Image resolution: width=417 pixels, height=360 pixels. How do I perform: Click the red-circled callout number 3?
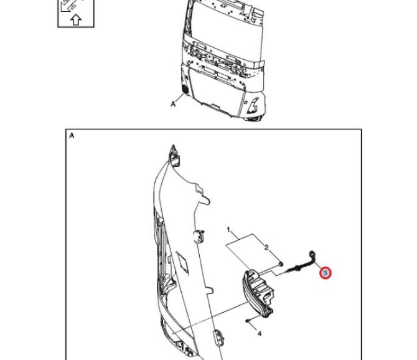point(326,273)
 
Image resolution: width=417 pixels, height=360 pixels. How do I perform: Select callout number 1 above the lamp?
point(228,229)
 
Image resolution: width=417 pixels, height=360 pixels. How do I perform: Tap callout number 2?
point(266,247)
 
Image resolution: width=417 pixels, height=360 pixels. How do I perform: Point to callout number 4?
point(260,333)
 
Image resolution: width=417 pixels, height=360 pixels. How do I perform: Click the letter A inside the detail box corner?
point(72,136)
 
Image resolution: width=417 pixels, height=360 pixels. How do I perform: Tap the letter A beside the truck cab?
point(173,104)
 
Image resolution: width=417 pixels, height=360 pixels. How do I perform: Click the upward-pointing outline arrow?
point(76,20)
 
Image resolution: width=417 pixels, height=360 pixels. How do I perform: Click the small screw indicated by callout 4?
point(248,321)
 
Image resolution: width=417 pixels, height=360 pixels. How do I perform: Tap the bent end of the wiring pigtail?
point(312,255)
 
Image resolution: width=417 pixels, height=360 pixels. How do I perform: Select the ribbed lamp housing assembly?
point(258,293)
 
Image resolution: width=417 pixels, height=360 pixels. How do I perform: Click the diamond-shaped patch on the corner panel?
point(183,263)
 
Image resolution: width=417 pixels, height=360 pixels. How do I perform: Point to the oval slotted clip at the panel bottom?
point(218,336)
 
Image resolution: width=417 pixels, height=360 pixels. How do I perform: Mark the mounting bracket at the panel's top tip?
point(174,157)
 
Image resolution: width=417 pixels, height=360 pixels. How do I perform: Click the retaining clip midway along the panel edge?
point(199,236)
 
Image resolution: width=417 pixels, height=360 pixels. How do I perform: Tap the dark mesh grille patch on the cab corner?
point(184,88)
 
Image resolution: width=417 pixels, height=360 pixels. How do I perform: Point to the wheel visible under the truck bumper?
point(253,119)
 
